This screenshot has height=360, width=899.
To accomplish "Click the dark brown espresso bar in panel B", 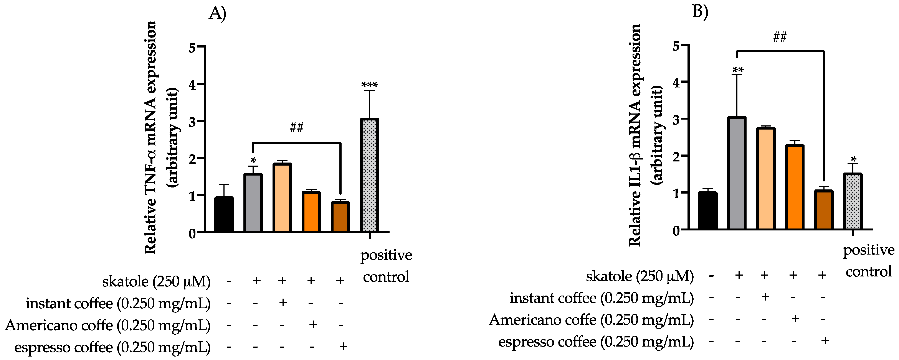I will pyautogui.click(x=824, y=210).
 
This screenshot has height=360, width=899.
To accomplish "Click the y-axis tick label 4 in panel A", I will pyautogui.click(x=192, y=84).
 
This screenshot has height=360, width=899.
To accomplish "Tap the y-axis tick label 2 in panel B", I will pyautogui.click(x=676, y=156).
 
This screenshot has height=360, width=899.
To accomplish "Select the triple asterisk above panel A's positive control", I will pyautogui.click(x=370, y=85).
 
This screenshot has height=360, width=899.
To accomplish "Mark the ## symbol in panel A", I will pyautogui.click(x=297, y=127).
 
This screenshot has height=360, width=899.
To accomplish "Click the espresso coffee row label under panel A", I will pyautogui.click(x=112, y=347).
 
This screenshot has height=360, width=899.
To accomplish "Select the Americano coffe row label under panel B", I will pyautogui.click(x=591, y=320).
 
